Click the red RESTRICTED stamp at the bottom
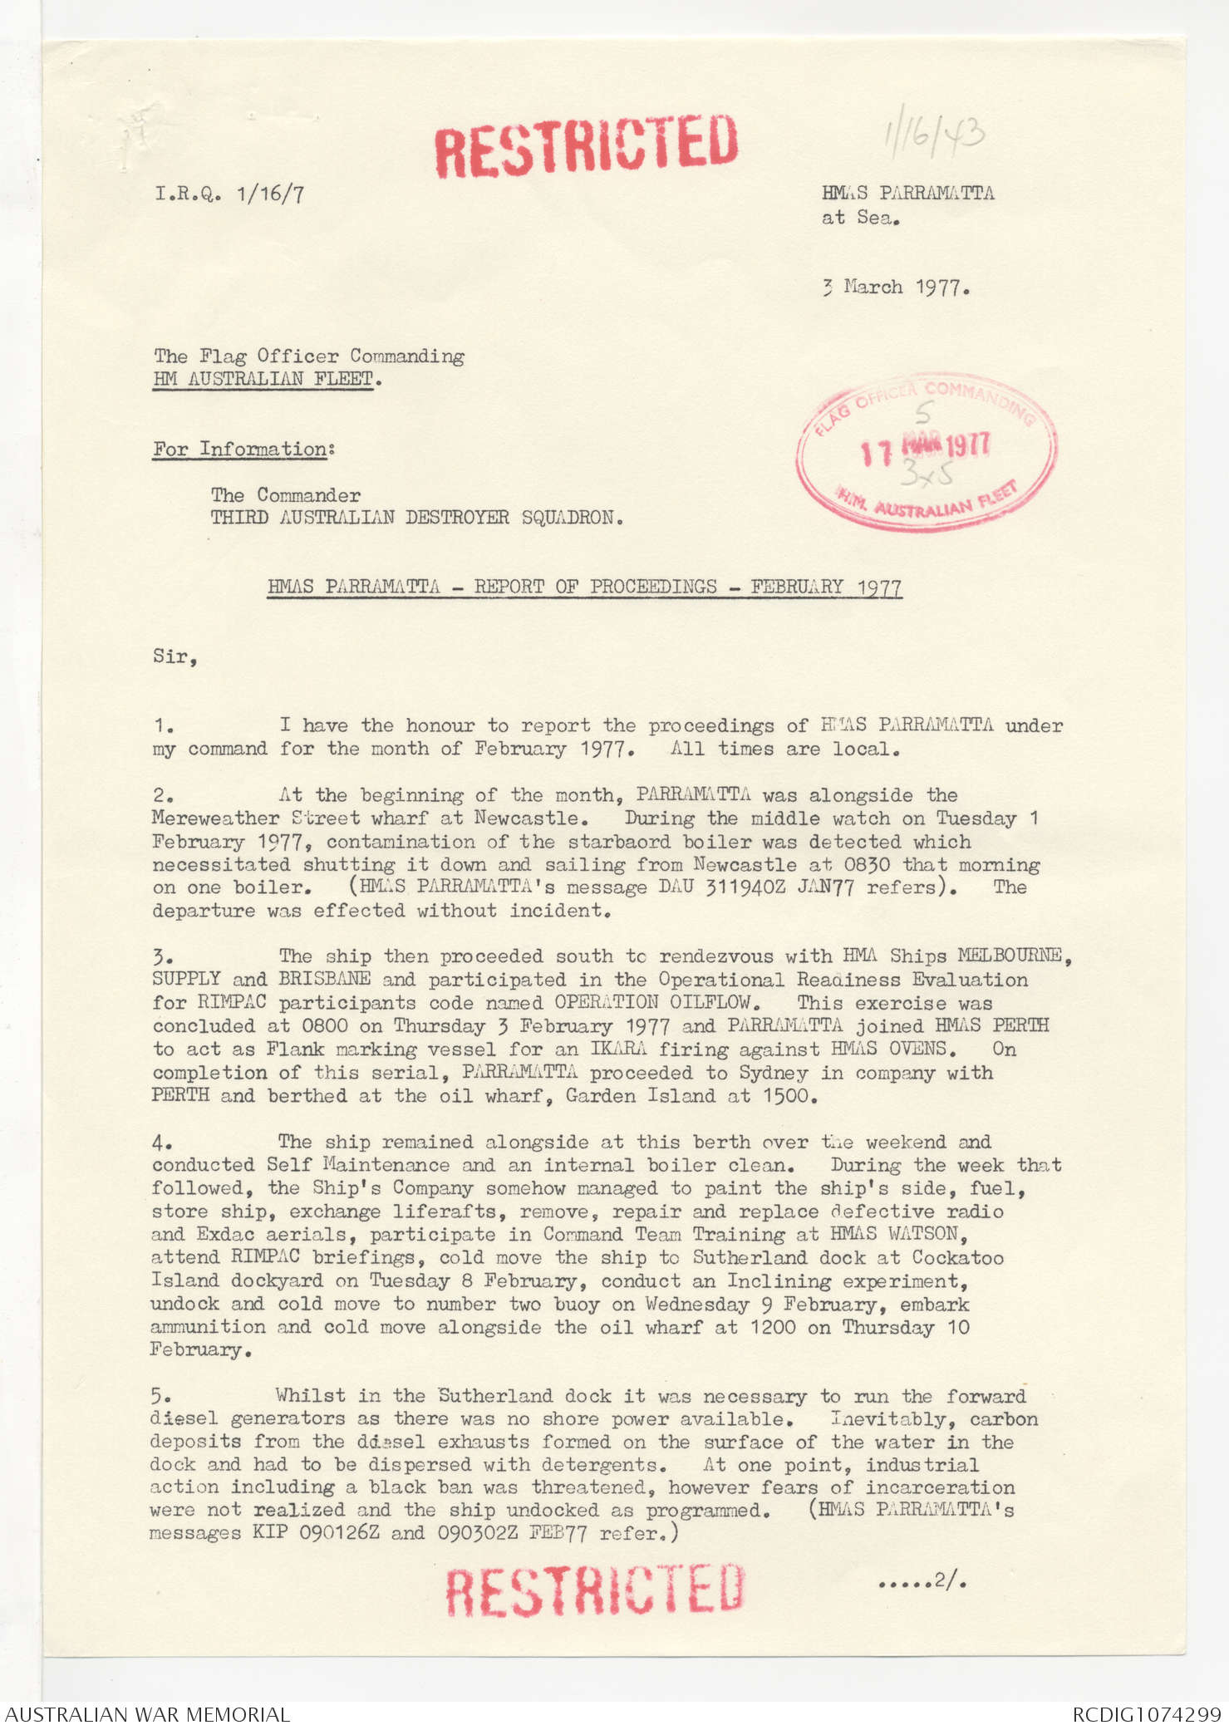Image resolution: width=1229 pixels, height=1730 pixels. [594, 1589]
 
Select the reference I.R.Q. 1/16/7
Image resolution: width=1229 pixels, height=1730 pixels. [229, 194]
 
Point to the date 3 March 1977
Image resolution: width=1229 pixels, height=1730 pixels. [896, 288]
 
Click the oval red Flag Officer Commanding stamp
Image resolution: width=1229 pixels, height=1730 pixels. [927, 451]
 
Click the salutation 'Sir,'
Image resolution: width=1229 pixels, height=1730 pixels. [175, 657]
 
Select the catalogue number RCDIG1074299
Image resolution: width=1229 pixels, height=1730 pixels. [1147, 1714]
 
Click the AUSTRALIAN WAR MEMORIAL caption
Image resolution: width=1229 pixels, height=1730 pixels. [148, 1714]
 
